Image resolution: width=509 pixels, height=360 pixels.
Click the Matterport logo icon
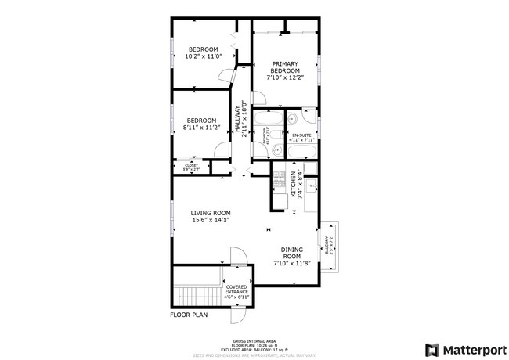[x=431, y=349]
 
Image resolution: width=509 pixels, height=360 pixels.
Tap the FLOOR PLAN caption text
[x=188, y=315]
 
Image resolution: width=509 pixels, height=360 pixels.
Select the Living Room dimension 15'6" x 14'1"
[x=211, y=221]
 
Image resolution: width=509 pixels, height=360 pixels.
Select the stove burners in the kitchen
[x=278, y=182]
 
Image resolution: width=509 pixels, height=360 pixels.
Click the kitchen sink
[x=310, y=185]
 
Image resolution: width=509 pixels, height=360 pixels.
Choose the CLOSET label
[x=191, y=165]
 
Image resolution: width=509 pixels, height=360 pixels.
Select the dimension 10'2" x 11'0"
[x=202, y=57]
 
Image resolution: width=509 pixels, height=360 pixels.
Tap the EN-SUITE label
[x=301, y=136]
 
